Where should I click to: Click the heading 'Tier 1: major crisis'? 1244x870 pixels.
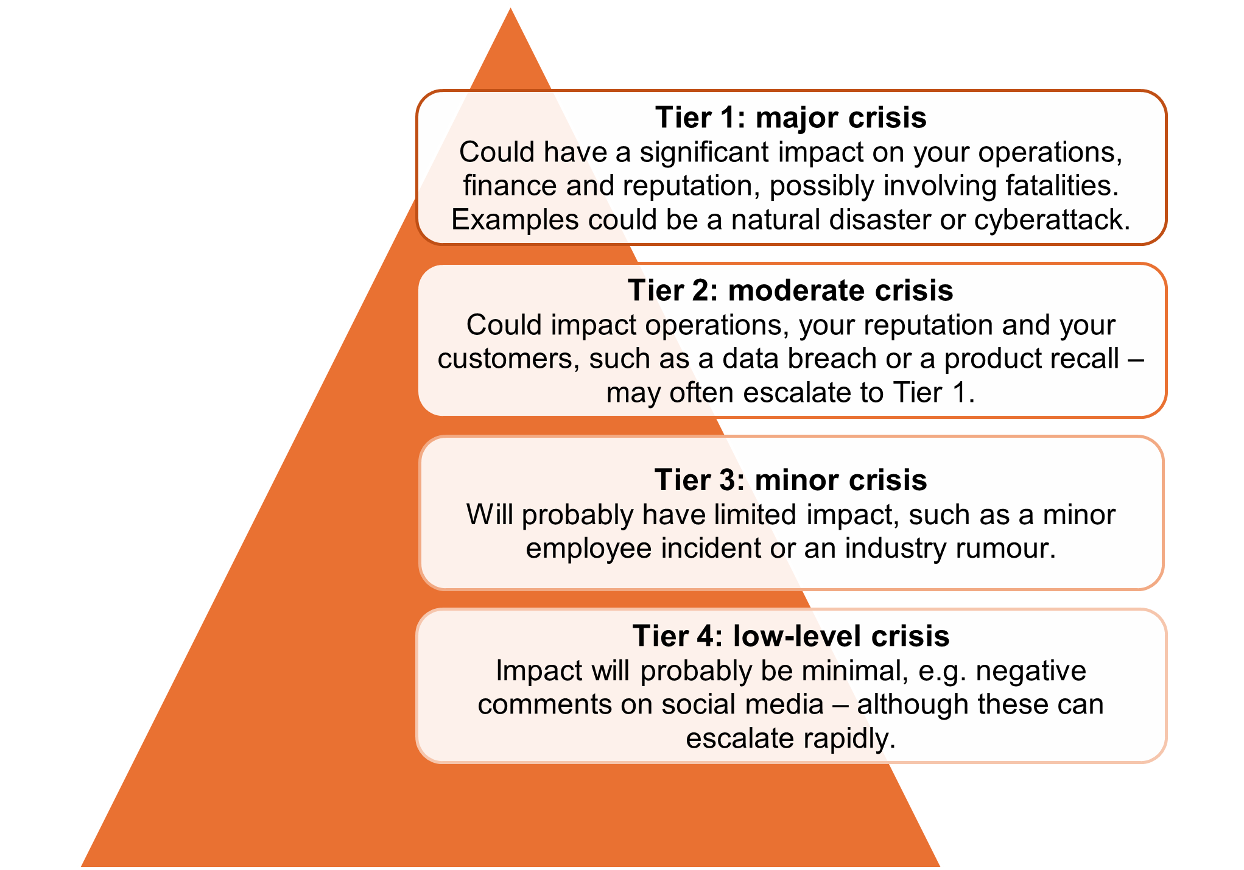click(791, 118)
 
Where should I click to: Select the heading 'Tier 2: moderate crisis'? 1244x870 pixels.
click(790, 290)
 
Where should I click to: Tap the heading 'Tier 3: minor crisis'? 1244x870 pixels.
click(790, 480)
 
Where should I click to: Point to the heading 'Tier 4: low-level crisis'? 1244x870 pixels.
click(790, 636)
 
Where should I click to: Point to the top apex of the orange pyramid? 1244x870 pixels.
click(510, 5)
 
